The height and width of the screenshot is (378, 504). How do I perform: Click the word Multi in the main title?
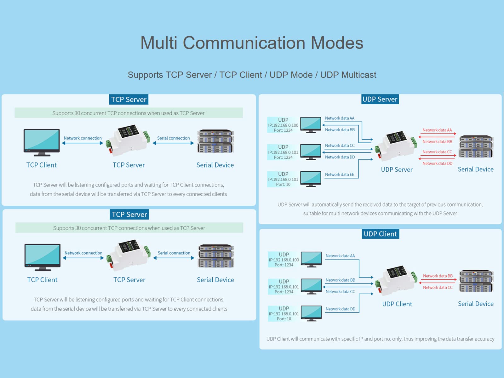coord(159,43)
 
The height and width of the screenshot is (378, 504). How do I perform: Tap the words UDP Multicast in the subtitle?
coord(348,75)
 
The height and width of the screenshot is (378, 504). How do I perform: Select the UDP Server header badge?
coord(380,99)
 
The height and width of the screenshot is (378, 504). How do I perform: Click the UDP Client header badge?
coord(380,234)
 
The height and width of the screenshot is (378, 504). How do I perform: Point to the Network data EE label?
coord(339,175)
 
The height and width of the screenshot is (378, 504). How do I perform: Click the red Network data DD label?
coord(437,163)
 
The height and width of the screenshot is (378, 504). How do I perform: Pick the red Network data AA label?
coord(437,130)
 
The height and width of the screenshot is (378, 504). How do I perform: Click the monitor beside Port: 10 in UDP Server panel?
coord(311,179)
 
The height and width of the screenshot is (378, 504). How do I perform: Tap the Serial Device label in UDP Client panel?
coord(476,304)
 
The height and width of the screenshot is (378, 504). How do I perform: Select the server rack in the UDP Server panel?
coord(476,147)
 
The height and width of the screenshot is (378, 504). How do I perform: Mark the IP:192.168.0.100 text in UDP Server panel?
coord(283,125)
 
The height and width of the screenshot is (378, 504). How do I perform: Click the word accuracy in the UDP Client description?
coord(482,339)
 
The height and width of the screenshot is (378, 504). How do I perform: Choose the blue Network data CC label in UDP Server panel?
coord(340,146)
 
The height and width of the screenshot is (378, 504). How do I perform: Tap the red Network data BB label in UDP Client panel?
coord(438,276)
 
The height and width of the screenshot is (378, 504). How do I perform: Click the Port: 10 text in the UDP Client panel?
coord(284,319)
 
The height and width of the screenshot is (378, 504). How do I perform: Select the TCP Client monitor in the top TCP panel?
coord(42,142)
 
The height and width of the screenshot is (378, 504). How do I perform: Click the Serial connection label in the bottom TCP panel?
coord(174,253)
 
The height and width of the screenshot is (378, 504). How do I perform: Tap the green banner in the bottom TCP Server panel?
coord(129,228)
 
